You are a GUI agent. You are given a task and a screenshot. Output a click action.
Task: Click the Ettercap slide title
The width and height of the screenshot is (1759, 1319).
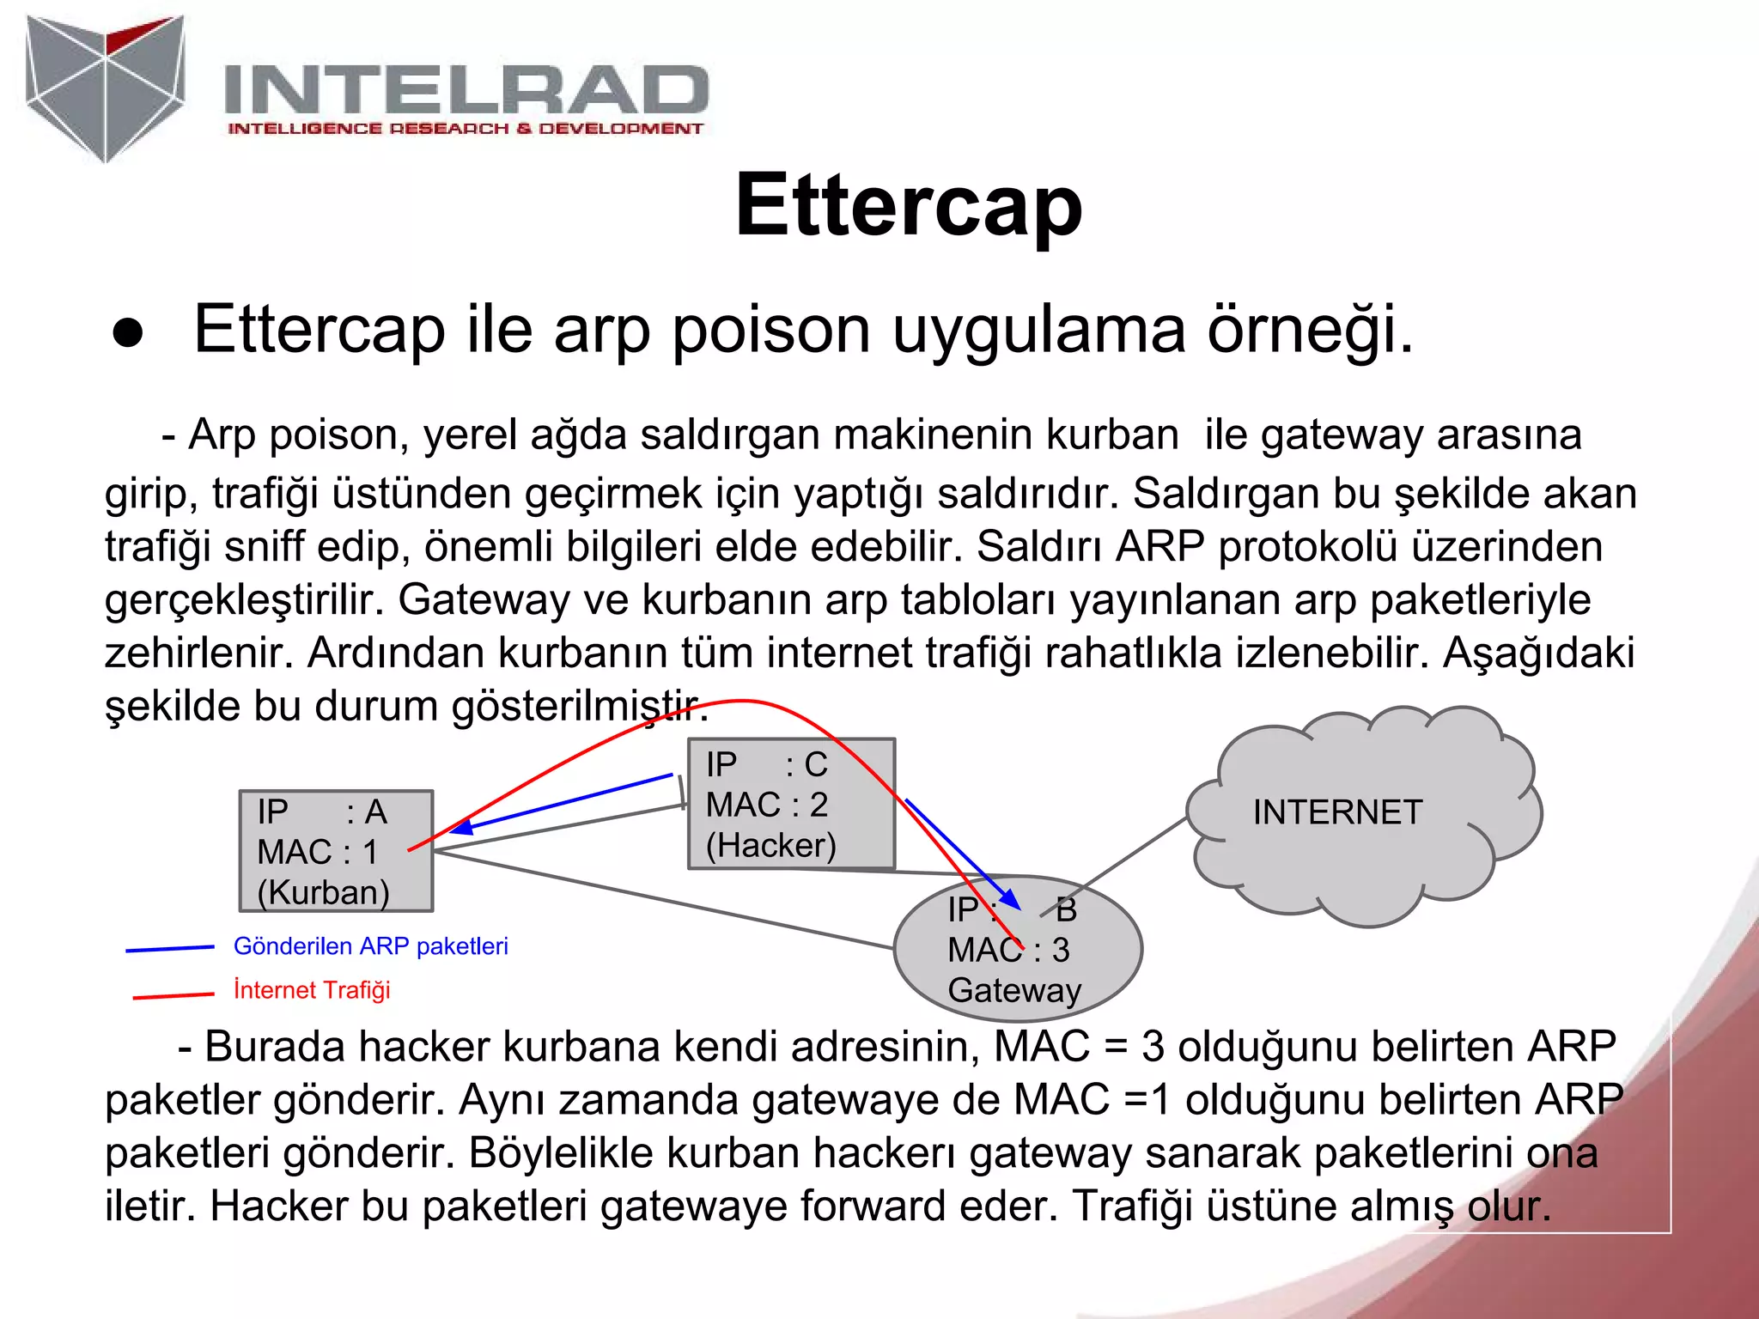[x=908, y=206]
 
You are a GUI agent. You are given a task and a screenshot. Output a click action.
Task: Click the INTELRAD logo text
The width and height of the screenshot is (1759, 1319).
[x=466, y=89]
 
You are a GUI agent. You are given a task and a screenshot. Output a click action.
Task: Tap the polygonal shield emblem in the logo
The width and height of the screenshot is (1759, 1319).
[x=106, y=86]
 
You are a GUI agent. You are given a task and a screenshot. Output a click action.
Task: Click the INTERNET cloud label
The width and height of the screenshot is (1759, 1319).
[x=1337, y=812]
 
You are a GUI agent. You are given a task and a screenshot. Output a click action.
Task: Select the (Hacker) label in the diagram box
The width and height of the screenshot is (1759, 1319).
[x=770, y=846]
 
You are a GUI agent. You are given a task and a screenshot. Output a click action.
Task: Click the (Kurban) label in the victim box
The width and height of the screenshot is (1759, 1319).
[x=323, y=892]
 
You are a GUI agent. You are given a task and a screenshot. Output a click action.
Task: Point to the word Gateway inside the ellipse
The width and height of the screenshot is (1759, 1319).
[x=1014, y=990]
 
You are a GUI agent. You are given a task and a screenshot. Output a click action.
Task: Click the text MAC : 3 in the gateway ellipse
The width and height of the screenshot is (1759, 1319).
[x=1008, y=950]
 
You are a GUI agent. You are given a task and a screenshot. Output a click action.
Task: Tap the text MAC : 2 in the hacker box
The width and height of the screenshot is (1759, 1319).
[x=766, y=805]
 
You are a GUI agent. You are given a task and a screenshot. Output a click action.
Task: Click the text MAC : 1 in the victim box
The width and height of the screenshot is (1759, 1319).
[x=317, y=852]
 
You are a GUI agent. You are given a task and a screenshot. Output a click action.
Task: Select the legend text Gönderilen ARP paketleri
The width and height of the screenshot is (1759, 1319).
[x=370, y=946]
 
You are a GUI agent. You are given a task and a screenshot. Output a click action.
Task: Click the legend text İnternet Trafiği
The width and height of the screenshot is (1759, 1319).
[x=312, y=990]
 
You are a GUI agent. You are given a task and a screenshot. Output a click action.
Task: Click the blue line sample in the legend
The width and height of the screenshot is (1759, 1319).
[x=170, y=949]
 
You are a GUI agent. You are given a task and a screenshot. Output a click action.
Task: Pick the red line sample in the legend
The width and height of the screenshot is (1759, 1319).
[x=173, y=995]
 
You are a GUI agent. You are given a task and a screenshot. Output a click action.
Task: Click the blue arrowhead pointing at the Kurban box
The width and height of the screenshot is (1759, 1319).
[x=461, y=828]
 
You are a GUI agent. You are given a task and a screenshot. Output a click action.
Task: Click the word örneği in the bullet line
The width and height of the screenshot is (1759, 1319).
[x=1309, y=330]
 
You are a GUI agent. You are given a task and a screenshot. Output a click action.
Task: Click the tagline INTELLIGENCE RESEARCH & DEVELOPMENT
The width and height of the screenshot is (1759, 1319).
[x=465, y=129]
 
